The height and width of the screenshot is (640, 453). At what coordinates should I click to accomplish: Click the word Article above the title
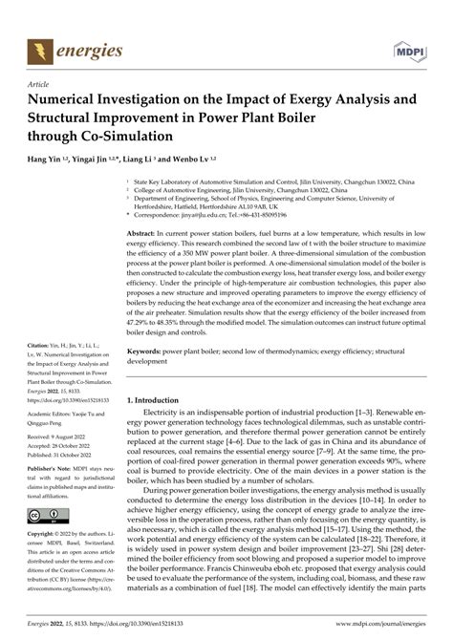pyautogui.click(x=41, y=84)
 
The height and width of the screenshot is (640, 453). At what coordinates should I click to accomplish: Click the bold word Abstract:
pyautogui.click(x=157, y=233)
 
